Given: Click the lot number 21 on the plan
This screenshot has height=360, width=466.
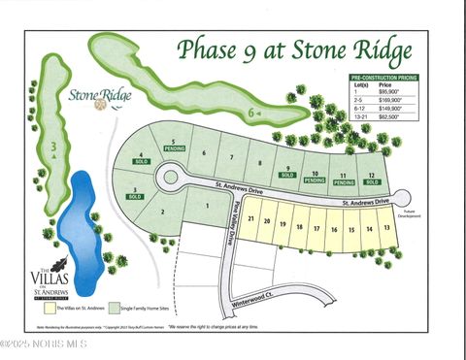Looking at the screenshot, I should point(252,218).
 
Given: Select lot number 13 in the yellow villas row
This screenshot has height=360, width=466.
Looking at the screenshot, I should point(386,227).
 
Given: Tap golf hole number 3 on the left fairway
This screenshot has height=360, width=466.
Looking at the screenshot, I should point(54,147).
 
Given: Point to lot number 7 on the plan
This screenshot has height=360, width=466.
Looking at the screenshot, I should point(231,156).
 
